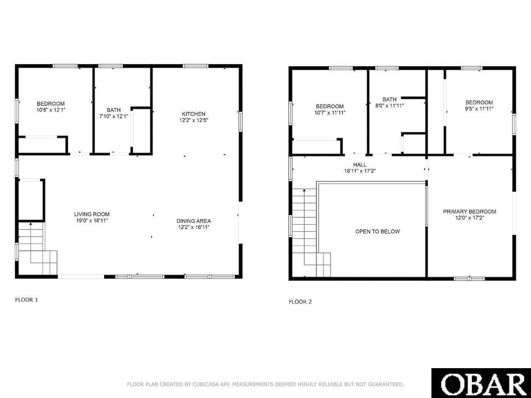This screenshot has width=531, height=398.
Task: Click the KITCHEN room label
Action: (194, 114)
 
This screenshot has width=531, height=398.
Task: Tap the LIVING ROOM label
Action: (92, 214)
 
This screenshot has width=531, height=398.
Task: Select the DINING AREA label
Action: (194, 221)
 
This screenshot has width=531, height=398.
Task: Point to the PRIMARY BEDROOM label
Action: (470, 211)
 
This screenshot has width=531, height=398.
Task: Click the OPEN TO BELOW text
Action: (378, 231)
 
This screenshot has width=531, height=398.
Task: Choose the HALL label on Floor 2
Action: (360, 165)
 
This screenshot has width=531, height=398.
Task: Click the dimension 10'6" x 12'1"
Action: (51, 110)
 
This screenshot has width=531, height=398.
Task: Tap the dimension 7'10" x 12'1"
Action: (113, 116)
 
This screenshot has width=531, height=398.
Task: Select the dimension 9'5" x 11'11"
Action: (479, 109)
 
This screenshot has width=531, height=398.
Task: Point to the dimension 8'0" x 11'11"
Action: (390, 106)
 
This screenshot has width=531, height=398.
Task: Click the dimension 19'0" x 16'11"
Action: (92, 221)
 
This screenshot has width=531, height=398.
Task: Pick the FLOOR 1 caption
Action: (27, 300)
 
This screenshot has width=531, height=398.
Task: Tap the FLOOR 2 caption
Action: (300, 302)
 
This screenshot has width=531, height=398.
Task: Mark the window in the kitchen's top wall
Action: (195, 66)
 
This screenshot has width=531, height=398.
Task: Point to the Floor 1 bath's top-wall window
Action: (110, 66)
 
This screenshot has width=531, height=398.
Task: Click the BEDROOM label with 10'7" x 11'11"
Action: (330, 106)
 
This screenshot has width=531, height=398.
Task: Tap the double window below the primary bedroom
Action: (469, 279)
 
